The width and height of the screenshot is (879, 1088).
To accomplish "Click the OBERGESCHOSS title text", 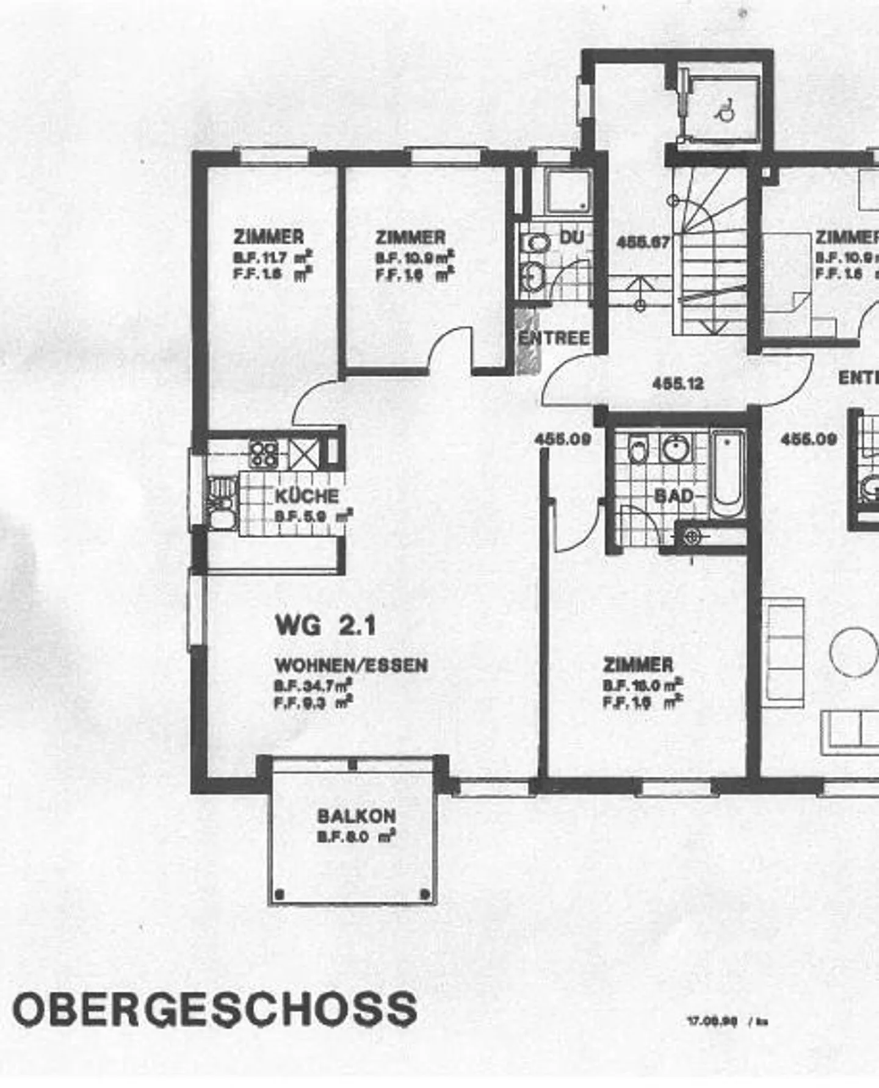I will click(x=215, y=1009).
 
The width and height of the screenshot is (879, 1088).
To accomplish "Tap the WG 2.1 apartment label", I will click(x=325, y=625).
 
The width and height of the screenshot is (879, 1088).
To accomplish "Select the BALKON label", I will click(x=356, y=816).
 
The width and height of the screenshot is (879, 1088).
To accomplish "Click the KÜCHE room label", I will click(x=306, y=495).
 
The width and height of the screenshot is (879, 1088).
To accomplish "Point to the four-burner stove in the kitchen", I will click(x=264, y=453).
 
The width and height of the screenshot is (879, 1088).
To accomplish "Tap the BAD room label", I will click(x=674, y=496).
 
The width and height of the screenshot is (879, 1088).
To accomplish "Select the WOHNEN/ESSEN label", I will click(x=351, y=665).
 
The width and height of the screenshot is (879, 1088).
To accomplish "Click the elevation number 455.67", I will click(x=643, y=242).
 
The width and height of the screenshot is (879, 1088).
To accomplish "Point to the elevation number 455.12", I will click(x=678, y=384).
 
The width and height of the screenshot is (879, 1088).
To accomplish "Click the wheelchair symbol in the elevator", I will click(x=725, y=110).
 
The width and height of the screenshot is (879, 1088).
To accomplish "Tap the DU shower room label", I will click(x=571, y=237).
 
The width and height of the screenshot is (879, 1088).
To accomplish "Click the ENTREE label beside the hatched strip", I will click(x=554, y=338).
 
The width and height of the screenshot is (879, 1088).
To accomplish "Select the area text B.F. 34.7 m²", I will click(x=312, y=685).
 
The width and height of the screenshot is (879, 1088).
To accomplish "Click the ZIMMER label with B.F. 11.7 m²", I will click(x=269, y=237).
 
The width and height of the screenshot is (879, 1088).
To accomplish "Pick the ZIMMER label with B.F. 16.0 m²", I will click(x=638, y=665).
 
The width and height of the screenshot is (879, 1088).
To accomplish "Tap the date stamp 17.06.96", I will click(x=712, y=1020).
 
